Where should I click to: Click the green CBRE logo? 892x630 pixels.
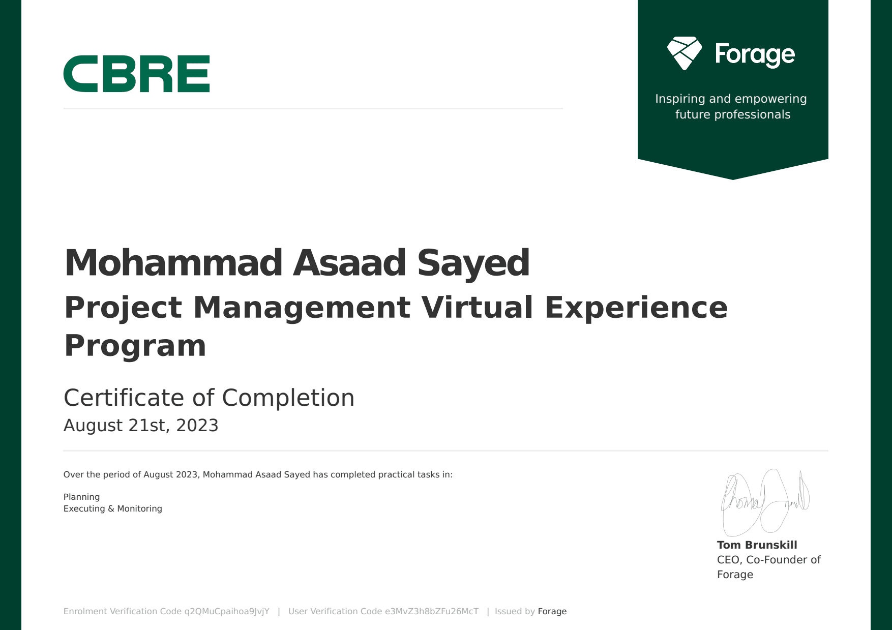[x=136, y=74]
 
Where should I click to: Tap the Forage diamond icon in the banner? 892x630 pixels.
[x=685, y=53]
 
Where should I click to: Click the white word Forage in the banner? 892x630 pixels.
[x=755, y=55]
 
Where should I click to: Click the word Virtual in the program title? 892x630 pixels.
[x=477, y=308]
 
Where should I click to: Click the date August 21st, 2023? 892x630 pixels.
[x=141, y=425]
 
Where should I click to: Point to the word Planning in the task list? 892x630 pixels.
[x=81, y=497]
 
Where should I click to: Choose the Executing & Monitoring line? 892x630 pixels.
[x=113, y=508]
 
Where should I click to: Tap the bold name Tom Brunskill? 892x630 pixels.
[x=757, y=545]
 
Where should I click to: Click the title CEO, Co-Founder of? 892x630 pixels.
[x=769, y=560]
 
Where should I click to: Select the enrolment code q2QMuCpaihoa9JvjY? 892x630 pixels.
[x=227, y=612]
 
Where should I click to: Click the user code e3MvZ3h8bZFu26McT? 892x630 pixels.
[x=432, y=612]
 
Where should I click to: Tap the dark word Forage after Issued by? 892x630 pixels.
[x=552, y=612]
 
